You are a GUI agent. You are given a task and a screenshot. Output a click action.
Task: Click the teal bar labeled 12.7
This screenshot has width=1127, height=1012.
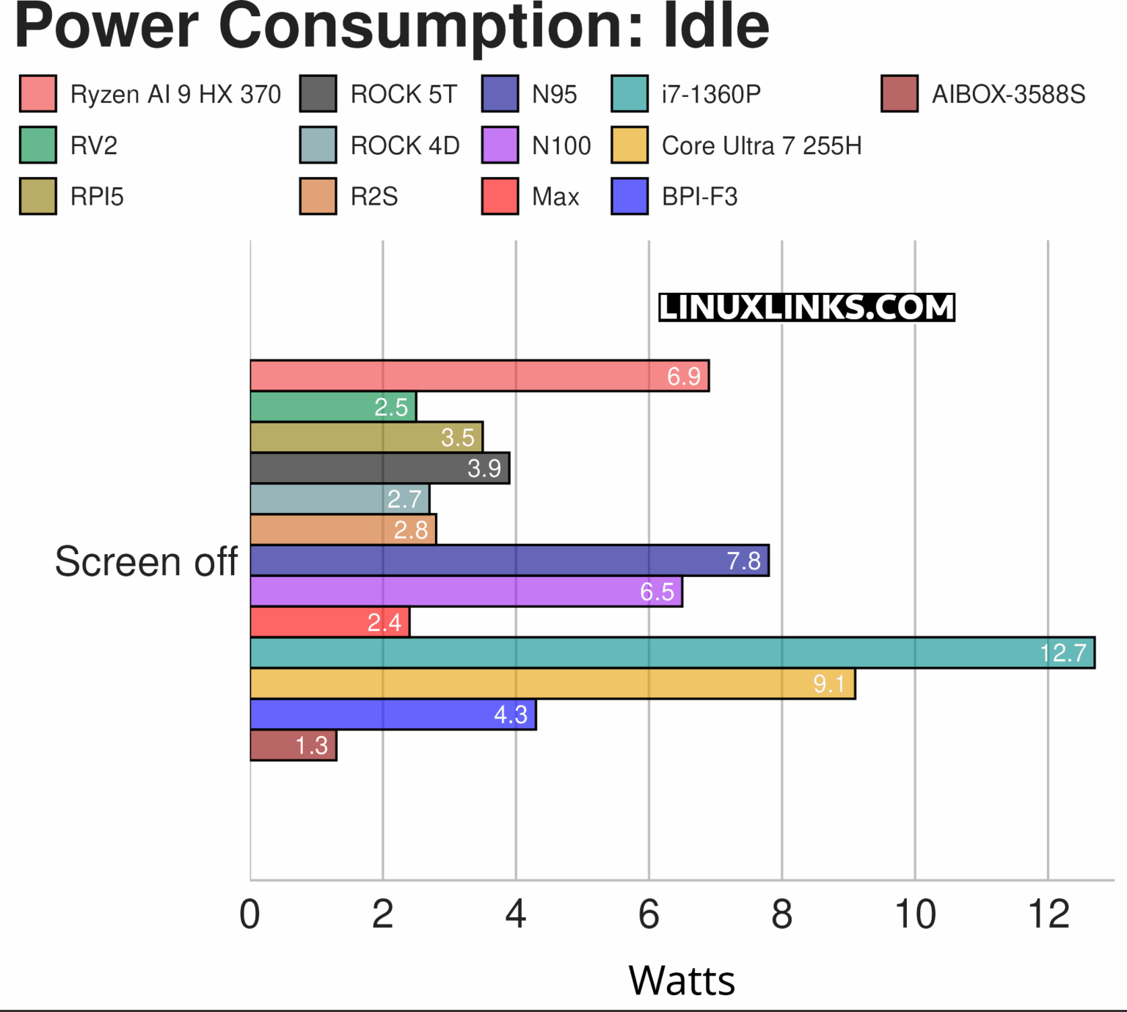(x=671, y=652)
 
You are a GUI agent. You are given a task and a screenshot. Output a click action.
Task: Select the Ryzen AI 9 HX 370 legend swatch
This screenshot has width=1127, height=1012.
(x=38, y=94)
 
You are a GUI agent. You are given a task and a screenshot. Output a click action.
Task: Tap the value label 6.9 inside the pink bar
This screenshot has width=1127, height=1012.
(x=683, y=376)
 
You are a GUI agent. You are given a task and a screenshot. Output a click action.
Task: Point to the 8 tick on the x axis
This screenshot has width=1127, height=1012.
(x=782, y=915)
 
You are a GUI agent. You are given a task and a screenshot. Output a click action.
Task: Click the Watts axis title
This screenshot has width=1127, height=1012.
(x=682, y=980)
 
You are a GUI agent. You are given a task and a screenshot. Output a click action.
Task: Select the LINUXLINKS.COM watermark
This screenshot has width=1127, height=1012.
(x=806, y=307)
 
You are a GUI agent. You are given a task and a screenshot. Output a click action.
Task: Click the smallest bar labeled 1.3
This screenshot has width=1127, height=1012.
(x=293, y=745)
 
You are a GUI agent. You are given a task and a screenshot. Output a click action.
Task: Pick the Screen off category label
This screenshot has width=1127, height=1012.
(x=146, y=562)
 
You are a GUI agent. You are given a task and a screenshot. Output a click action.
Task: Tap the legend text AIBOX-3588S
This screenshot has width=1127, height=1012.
(x=1008, y=94)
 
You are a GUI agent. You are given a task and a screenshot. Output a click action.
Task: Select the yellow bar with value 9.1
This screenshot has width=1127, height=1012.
(x=552, y=683)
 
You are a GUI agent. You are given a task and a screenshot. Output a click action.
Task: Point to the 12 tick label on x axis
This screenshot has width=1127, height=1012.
(x=1048, y=915)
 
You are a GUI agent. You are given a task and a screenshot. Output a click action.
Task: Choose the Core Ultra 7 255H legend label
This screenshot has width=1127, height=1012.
(x=761, y=145)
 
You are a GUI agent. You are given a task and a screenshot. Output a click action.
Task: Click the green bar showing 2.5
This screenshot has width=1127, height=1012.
(x=332, y=407)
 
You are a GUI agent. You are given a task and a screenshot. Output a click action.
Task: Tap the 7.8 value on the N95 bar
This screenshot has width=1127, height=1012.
(x=743, y=561)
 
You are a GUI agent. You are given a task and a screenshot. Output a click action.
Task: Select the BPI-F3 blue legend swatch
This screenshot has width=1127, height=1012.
(x=630, y=197)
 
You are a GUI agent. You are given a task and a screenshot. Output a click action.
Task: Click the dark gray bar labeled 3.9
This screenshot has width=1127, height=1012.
(x=379, y=468)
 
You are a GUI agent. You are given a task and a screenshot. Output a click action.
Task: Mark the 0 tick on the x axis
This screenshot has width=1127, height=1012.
(x=250, y=915)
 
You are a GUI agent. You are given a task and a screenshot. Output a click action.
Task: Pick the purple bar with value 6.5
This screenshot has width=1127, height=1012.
(x=465, y=591)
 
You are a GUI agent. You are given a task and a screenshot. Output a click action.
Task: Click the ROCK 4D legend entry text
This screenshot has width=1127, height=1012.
(x=405, y=145)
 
